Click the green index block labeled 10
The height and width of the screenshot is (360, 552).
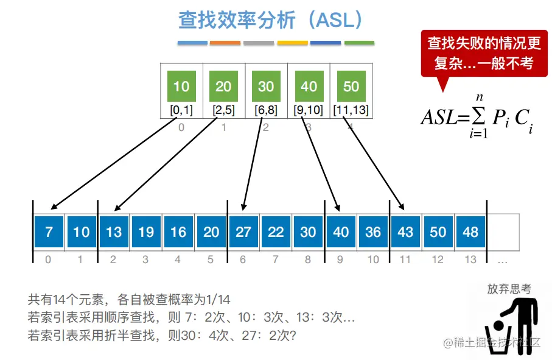tap(181, 86)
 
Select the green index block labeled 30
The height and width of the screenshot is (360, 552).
tap(266, 86)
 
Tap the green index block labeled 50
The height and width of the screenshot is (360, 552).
tap(351, 86)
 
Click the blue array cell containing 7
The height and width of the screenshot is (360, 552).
tap(49, 232)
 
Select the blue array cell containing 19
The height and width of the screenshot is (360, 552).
tap(146, 232)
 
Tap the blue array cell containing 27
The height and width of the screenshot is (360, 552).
tap(243, 232)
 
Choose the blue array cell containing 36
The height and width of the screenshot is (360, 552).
tap(373, 232)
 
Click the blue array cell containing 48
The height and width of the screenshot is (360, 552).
tap(470, 232)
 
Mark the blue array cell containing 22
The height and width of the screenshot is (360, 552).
tap(276, 232)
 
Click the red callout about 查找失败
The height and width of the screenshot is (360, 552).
tap(484, 53)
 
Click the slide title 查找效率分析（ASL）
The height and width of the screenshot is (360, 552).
tap(271, 20)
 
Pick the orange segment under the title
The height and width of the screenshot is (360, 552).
tap(225, 43)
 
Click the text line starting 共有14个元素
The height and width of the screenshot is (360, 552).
tap(129, 299)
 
